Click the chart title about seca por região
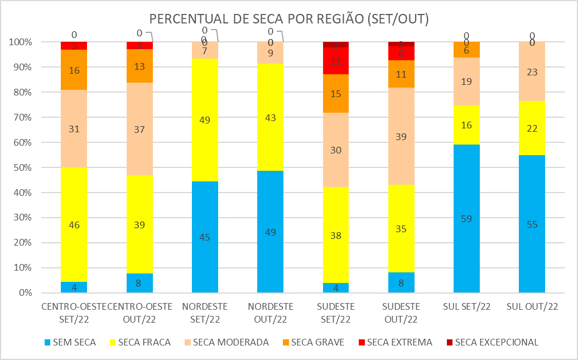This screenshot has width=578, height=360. coord(289,18)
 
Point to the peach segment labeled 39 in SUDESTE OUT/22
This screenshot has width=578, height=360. coord(401,136)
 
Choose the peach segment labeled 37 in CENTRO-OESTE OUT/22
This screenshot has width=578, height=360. coord(139,128)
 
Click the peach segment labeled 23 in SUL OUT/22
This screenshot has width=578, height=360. coord(532,71)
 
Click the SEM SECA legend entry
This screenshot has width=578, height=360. coord(71,342)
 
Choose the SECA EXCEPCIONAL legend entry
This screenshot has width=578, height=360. coord(491,342)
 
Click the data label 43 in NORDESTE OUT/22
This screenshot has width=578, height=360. coord(270,118)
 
